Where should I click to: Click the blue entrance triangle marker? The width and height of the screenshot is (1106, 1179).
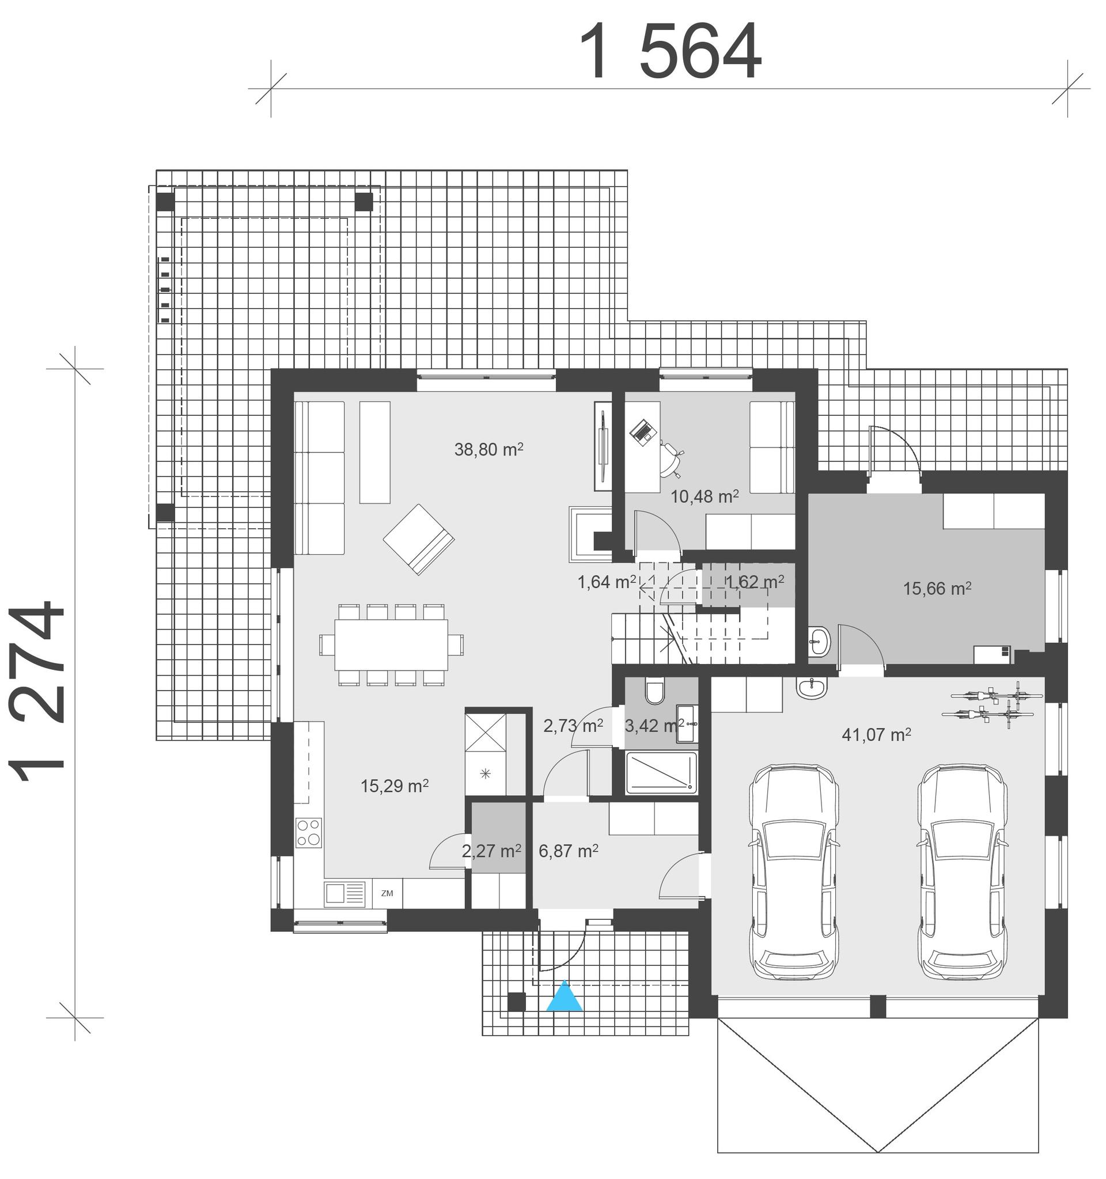point(564,996)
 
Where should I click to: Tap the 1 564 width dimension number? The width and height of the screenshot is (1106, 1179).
point(669,52)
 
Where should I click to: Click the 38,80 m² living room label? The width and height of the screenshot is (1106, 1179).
point(488,449)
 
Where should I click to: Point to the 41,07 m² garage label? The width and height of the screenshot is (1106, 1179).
point(876,735)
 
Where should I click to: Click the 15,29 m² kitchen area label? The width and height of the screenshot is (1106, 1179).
point(395,786)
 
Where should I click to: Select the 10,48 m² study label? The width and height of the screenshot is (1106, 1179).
point(704,496)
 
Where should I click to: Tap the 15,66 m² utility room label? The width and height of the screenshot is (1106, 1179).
point(937,588)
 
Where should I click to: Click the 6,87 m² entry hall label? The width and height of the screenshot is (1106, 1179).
point(568,851)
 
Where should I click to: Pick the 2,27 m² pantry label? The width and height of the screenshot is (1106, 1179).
point(491,851)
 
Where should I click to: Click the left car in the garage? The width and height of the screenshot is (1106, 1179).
point(793,871)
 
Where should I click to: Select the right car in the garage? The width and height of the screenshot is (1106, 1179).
point(963,871)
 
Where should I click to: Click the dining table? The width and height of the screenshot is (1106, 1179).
point(391,645)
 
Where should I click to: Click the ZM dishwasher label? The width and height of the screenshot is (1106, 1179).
point(387,893)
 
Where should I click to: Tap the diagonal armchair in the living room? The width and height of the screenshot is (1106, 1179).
point(419,539)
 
